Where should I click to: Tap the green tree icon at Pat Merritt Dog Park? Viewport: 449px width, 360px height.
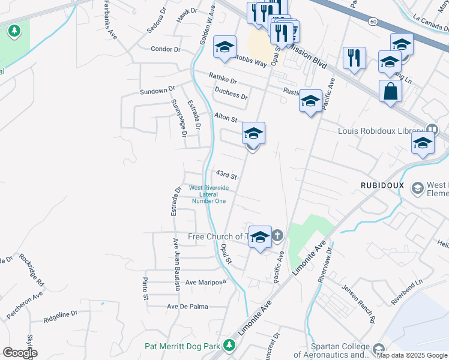tap(228, 346)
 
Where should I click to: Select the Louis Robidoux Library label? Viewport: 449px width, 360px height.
tap(381, 131)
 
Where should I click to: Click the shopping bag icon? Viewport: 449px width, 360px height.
tap(390, 92)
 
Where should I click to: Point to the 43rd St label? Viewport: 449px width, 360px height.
tap(227, 175)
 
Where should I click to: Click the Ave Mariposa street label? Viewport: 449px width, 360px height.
tap(205, 282)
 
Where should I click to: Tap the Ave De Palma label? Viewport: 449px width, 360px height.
tap(187, 307)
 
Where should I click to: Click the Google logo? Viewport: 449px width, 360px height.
tap(19, 353)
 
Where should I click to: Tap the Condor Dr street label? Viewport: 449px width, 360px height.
tap(166, 49)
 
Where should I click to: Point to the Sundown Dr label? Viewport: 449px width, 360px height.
tap(157, 91)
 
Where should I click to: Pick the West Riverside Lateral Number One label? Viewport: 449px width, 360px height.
tap(208, 194)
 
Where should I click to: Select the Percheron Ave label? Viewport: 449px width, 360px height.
tap(25, 305)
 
